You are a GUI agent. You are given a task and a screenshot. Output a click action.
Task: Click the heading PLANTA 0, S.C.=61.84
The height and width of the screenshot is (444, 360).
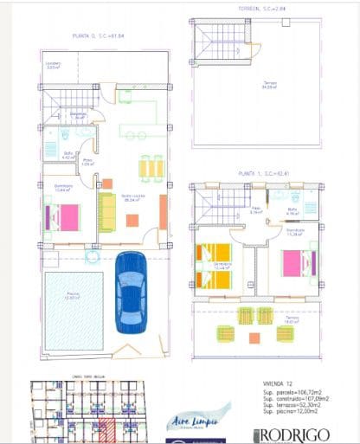click(x=99, y=36)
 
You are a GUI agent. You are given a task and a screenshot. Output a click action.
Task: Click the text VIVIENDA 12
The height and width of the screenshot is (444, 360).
click(x=279, y=382)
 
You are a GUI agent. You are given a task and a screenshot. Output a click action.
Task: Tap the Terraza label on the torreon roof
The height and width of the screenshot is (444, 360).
click(x=271, y=84)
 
